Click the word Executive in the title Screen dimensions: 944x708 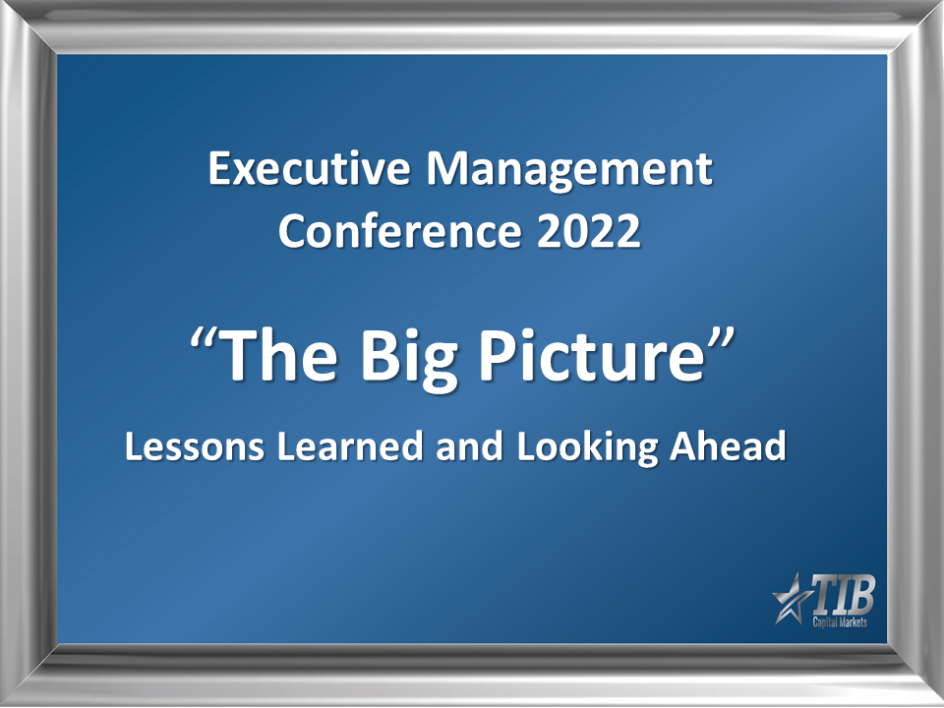point(309,168)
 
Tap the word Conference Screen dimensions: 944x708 point(399,230)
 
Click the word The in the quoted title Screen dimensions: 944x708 point(280,356)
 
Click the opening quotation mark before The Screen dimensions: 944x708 point(205,340)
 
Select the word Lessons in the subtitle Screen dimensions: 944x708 point(195,446)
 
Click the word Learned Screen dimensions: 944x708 point(350,446)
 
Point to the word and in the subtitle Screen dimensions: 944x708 point(470,446)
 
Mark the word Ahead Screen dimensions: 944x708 point(728,446)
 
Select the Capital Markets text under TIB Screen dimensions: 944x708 point(840,621)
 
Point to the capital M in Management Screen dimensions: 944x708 point(451,168)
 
